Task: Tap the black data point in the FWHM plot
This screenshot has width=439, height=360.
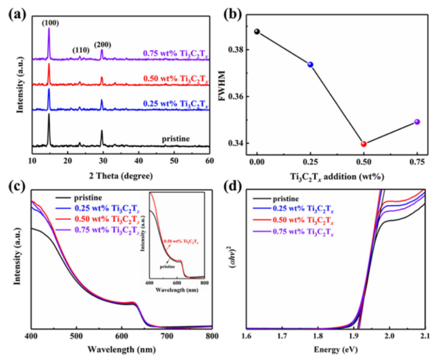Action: click(x=257, y=32)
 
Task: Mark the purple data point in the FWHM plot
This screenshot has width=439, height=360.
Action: click(x=417, y=122)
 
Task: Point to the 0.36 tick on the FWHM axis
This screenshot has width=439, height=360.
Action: click(x=236, y=97)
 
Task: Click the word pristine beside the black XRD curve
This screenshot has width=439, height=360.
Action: click(x=176, y=139)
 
